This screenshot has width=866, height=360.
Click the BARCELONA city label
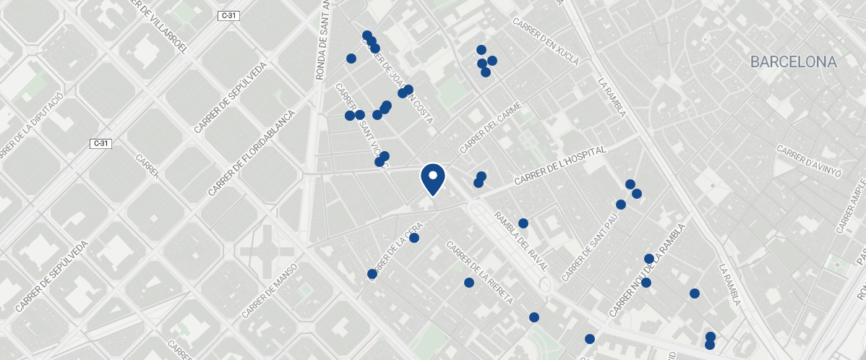[x=793, y=62]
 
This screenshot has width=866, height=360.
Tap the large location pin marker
[x=432, y=179]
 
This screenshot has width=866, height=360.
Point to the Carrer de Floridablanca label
[x=252, y=153]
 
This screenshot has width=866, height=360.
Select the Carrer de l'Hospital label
[x=559, y=166]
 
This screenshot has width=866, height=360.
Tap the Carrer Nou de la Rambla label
[x=642, y=280]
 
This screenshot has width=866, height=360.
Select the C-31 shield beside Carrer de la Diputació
[x=101, y=143]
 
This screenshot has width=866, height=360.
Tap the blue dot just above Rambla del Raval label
[x=523, y=223]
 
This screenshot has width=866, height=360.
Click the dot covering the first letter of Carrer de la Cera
[x=372, y=274]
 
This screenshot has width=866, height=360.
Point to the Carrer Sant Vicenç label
[x=362, y=127]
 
